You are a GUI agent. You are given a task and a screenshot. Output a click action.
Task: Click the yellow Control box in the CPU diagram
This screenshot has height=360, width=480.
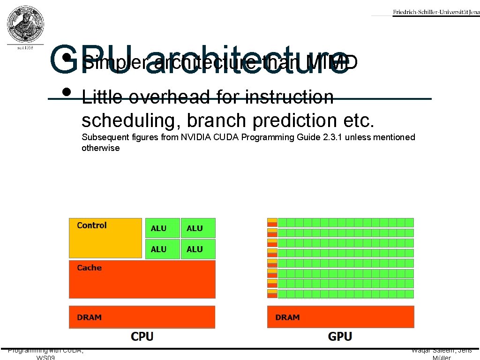coord(105,238)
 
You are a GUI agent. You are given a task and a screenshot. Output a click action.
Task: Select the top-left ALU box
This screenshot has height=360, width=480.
coord(162,228)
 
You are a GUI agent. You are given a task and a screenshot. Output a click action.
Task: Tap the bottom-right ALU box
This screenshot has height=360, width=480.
coord(198,249)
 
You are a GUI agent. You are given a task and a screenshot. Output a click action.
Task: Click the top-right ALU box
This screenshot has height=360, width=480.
coord(198,228)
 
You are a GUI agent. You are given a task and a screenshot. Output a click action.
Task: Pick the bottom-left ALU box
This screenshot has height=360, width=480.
coord(162,249)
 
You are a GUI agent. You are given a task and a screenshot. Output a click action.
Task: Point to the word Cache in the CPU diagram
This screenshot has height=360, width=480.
coord(89,268)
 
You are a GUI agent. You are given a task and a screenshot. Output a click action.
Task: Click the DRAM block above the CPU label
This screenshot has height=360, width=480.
coord(142,317)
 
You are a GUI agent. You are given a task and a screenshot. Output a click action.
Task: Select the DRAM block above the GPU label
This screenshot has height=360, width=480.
coord(340,317)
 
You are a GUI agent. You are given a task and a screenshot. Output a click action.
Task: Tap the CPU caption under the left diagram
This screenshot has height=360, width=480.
coord(142,336)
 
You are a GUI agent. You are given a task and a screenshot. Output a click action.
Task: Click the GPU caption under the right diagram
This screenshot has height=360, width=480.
coord(340,336)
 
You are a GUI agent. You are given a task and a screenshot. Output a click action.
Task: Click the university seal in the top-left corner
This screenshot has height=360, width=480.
coord(26,25)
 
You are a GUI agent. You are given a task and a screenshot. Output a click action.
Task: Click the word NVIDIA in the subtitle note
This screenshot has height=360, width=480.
coord(197,137)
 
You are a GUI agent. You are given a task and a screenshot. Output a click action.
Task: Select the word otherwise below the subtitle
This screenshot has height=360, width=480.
coord(100,148)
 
